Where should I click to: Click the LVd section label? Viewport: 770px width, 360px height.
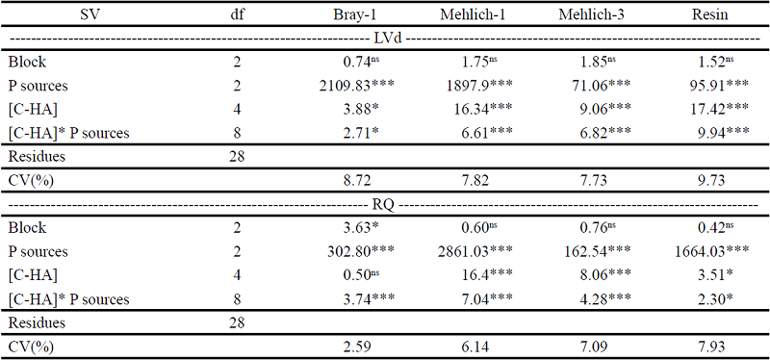click(385, 38)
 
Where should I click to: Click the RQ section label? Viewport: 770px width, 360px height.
click(385, 205)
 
